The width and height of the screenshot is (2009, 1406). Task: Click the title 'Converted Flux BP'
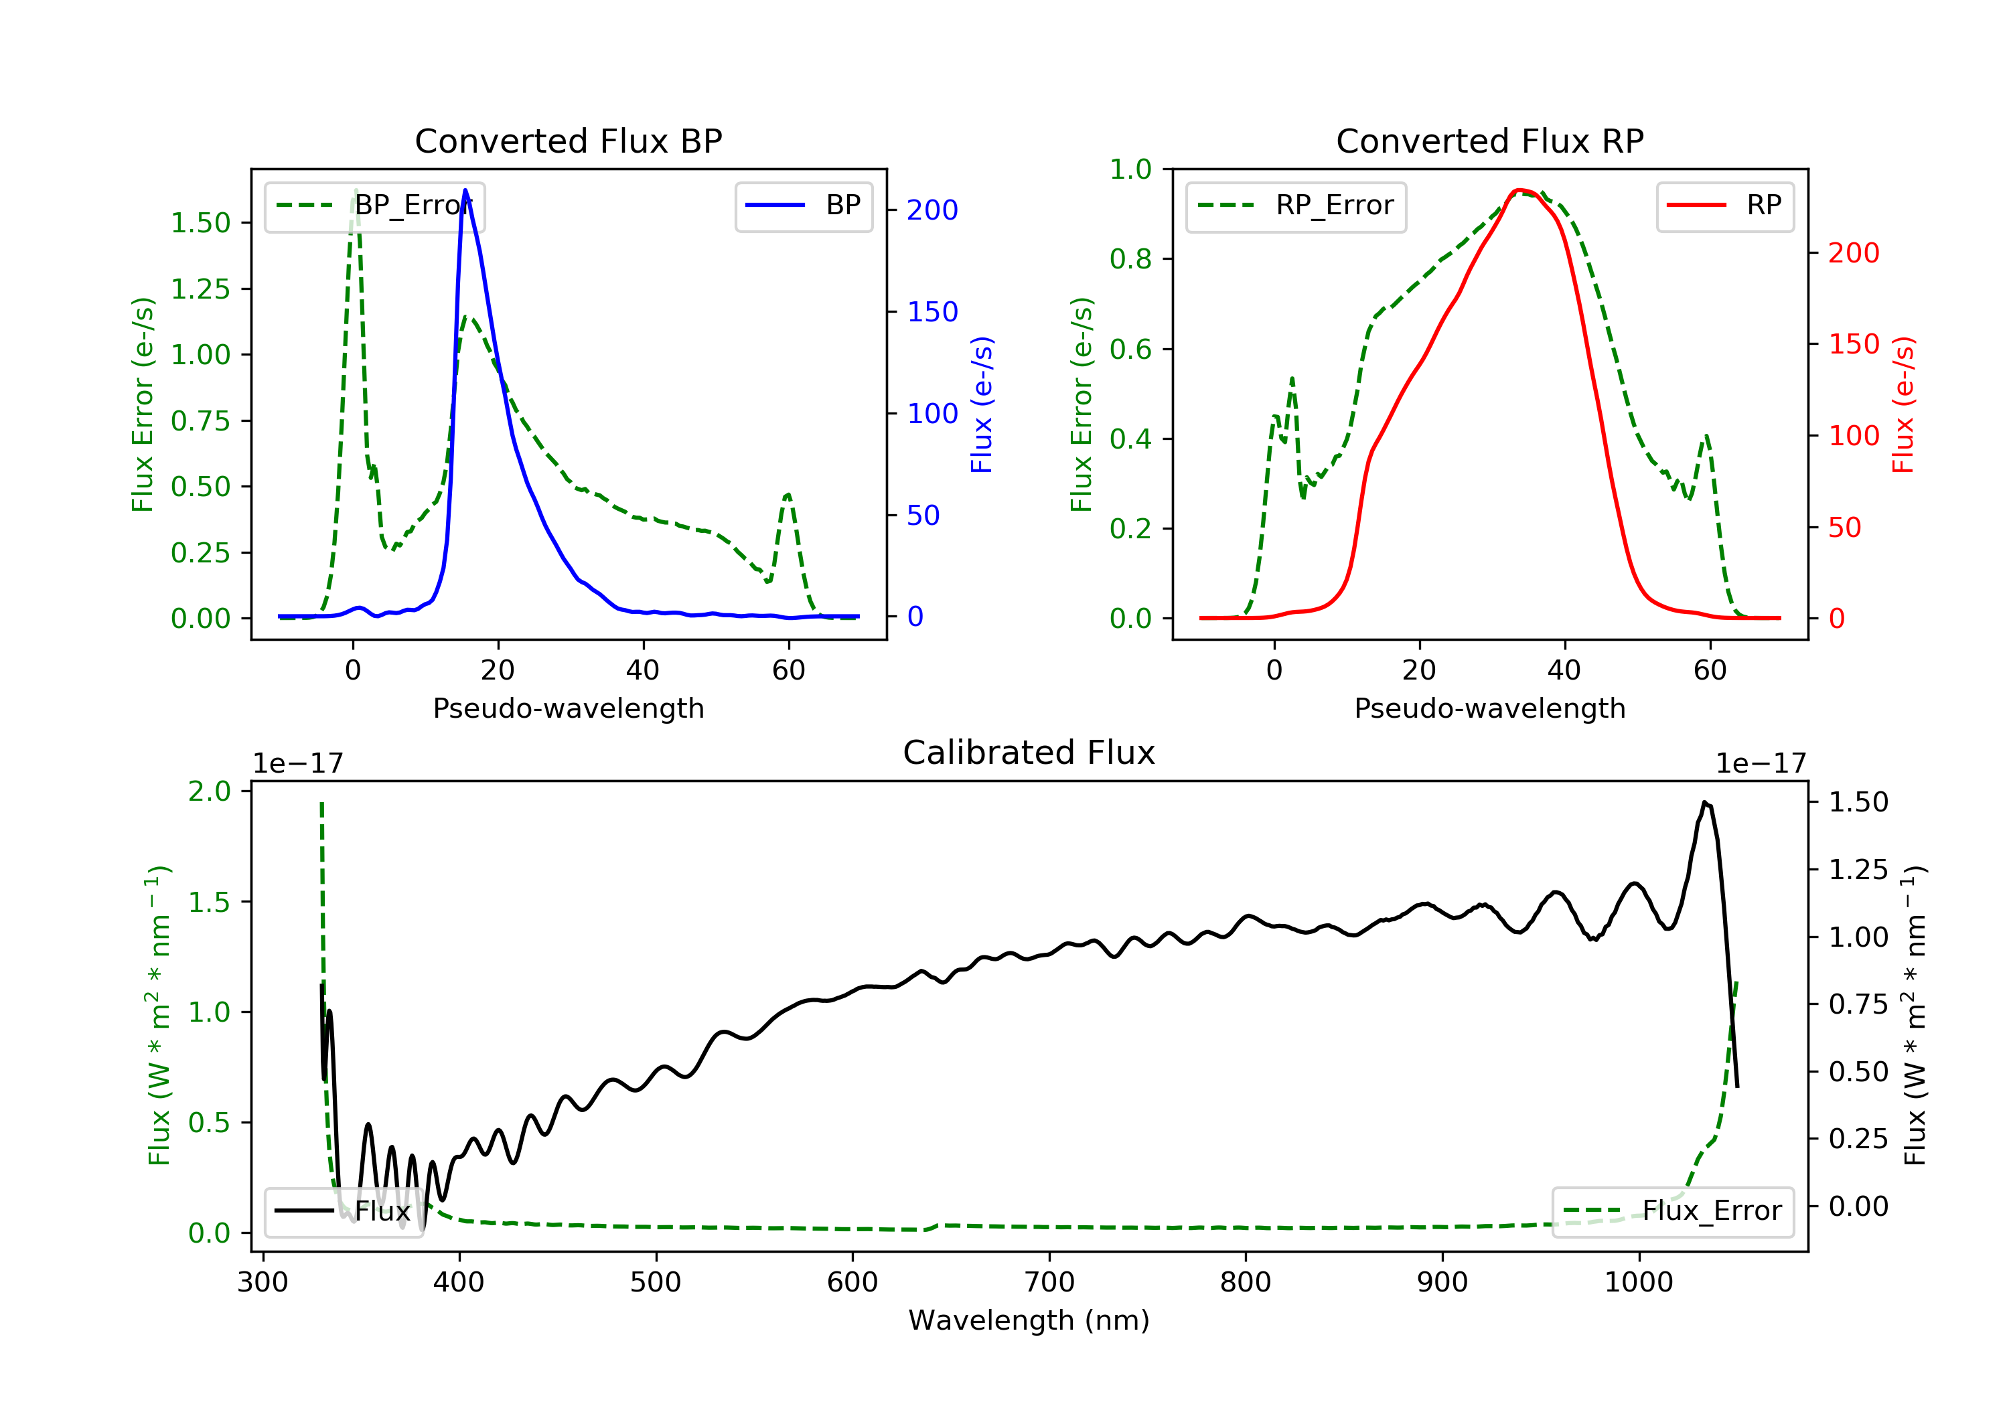point(568,141)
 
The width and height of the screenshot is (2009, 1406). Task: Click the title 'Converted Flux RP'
point(1489,141)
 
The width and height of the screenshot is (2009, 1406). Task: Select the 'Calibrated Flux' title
point(1029,753)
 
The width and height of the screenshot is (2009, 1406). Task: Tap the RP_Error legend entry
point(1295,206)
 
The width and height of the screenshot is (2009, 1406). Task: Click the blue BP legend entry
point(803,206)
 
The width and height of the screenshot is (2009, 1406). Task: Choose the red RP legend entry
point(1724,206)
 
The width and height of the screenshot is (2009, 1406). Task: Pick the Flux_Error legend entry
point(1672,1211)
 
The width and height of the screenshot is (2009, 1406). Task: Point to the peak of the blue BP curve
point(465,190)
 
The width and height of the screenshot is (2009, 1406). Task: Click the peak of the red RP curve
point(1520,190)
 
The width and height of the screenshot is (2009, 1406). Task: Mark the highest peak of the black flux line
point(1704,802)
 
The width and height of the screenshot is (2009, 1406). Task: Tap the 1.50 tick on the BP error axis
point(200,223)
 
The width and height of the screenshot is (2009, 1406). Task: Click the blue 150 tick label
point(933,311)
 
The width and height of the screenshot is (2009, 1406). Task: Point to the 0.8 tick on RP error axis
point(1130,259)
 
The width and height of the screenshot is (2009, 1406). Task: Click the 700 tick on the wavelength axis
point(1049,1283)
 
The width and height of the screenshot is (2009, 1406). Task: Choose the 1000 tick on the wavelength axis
point(1639,1283)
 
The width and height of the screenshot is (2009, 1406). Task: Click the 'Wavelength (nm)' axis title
point(1029,1320)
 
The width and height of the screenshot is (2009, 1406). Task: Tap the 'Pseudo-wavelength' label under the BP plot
point(569,708)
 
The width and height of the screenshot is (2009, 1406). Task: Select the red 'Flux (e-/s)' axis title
point(1903,404)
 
